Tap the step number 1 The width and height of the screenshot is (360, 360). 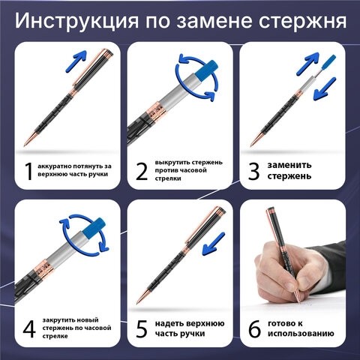28,172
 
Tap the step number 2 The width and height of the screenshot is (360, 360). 142,172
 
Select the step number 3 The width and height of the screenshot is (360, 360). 254,172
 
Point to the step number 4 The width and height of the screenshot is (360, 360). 28,329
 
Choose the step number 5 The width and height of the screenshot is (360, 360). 142,329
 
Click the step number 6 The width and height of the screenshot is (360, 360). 254,329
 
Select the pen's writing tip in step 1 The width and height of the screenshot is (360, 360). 27,141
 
